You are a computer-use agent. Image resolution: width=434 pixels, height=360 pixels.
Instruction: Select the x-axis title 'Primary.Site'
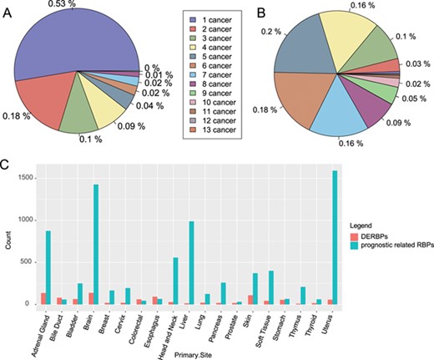[x=207, y=355]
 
